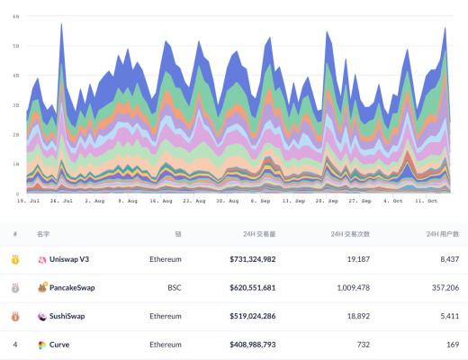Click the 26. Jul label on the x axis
tap(61, 201)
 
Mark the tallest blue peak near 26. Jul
tap(61, 25)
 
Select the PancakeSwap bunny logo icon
tap(41, 288)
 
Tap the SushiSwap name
tap(72, 317)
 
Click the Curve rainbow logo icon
tap(41, 345)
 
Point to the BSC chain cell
tap(174, 288)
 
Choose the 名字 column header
tap(43, 233)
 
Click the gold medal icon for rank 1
tap(14, 259)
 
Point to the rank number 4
tap(14, 345)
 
